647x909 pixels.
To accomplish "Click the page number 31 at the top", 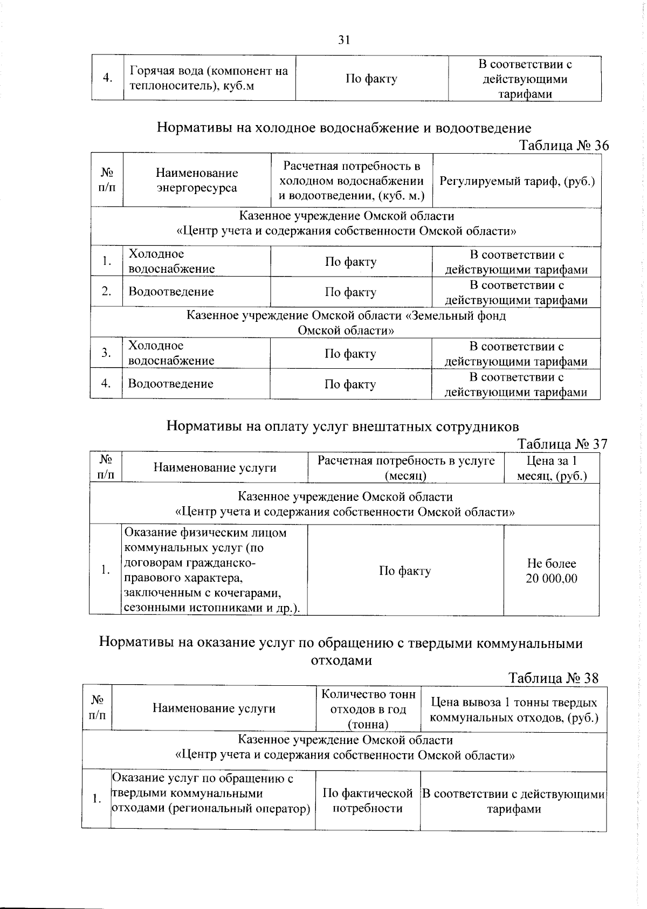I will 344,39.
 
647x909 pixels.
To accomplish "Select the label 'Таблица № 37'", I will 562,444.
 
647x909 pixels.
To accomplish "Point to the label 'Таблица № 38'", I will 553,678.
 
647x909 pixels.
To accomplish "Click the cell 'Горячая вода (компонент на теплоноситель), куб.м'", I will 209,78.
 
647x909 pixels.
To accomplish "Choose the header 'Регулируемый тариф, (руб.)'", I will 517,181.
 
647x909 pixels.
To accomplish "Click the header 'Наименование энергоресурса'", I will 197,181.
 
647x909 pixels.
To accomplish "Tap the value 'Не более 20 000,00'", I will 552,571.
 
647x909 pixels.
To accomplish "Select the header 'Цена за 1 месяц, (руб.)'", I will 552,468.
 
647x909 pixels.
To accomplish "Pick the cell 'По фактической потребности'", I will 368,801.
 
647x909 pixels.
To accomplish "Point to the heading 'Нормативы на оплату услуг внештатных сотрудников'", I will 342,426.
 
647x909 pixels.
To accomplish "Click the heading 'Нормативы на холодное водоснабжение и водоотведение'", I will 344,128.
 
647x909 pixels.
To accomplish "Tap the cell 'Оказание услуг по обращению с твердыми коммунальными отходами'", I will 211,794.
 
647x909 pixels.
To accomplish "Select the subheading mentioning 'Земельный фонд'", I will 346,322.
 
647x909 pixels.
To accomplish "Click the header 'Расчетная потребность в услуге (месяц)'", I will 405,468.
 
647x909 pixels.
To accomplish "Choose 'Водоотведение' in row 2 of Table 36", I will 171,292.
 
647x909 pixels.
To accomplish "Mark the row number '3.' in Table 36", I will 106,353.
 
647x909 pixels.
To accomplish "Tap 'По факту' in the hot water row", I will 371,79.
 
